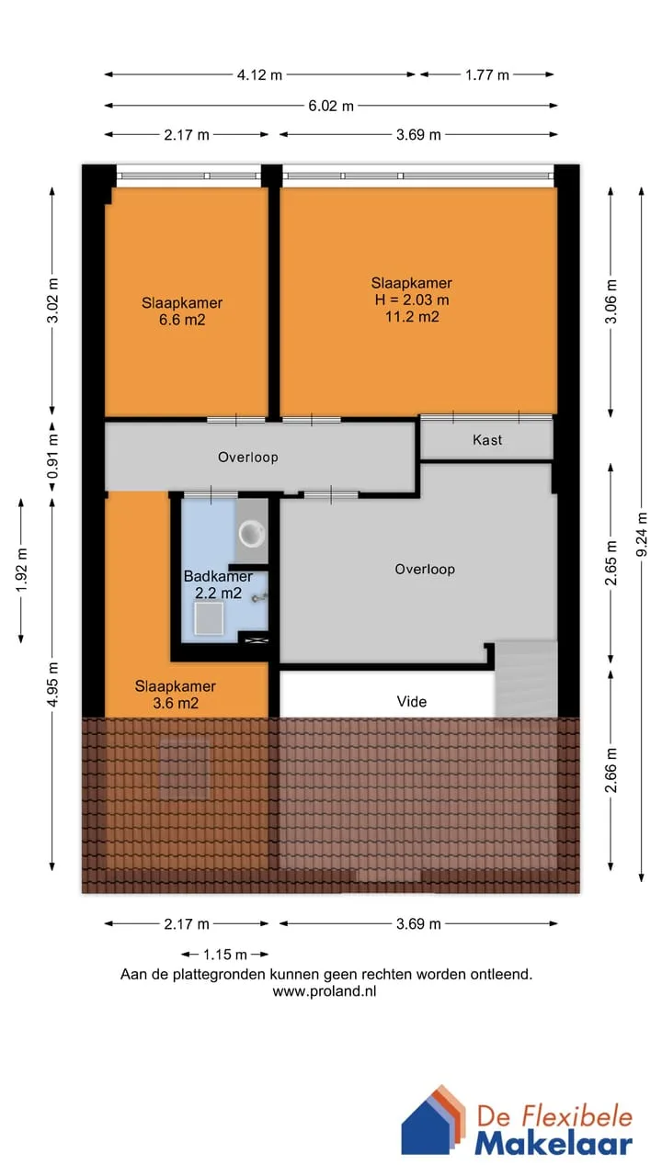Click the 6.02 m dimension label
(330, 106)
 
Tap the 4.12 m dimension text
(259, 75)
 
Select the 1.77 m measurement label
(487, 75)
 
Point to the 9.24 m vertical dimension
(642, 534)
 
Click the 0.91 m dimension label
(52, 457)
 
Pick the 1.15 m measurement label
(225, 954)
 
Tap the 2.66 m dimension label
(611, 770)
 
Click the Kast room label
(487, 440)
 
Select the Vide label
(411, 701)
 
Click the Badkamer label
(218, 576)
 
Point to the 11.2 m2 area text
(412, 317)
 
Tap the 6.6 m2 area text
(182, 320)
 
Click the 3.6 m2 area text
(176, 703)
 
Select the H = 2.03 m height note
(412, 300)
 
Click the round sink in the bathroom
(252, 534)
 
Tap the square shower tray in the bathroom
(209, 618)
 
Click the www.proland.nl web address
(325, 991)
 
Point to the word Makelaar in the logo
(554, 1144)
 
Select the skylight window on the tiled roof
(184, 769)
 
